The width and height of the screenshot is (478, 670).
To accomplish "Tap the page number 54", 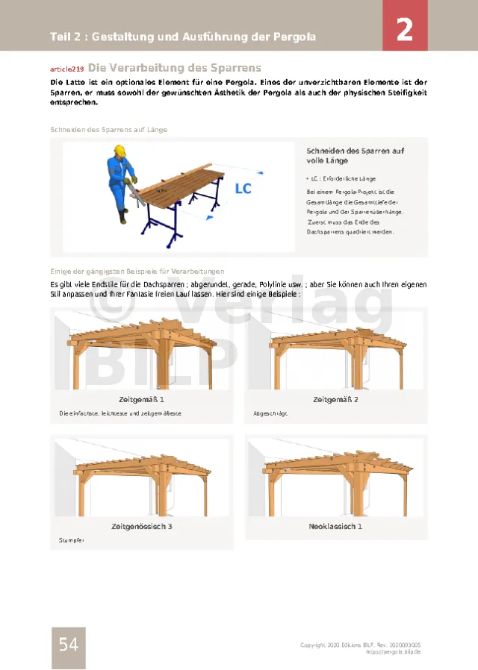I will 68,645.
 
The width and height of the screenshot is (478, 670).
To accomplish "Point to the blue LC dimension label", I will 243,189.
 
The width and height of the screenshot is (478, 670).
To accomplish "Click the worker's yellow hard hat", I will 119,149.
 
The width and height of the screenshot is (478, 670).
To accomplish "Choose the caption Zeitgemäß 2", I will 336,400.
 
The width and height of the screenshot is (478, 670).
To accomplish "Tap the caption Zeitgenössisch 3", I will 142,527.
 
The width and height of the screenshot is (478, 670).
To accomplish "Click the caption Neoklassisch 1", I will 336,527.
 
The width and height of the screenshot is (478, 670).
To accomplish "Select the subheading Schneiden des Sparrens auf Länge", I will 108,129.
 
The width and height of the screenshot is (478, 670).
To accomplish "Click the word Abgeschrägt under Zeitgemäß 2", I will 270,413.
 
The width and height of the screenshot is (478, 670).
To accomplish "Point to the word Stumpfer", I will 69,539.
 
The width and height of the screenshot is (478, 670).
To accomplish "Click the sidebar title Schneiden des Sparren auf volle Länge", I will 356,155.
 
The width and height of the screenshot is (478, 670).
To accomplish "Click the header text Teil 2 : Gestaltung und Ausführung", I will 183,37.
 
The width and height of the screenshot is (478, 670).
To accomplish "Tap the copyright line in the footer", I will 360,645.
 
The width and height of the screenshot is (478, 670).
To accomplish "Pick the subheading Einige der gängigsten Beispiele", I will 137,271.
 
